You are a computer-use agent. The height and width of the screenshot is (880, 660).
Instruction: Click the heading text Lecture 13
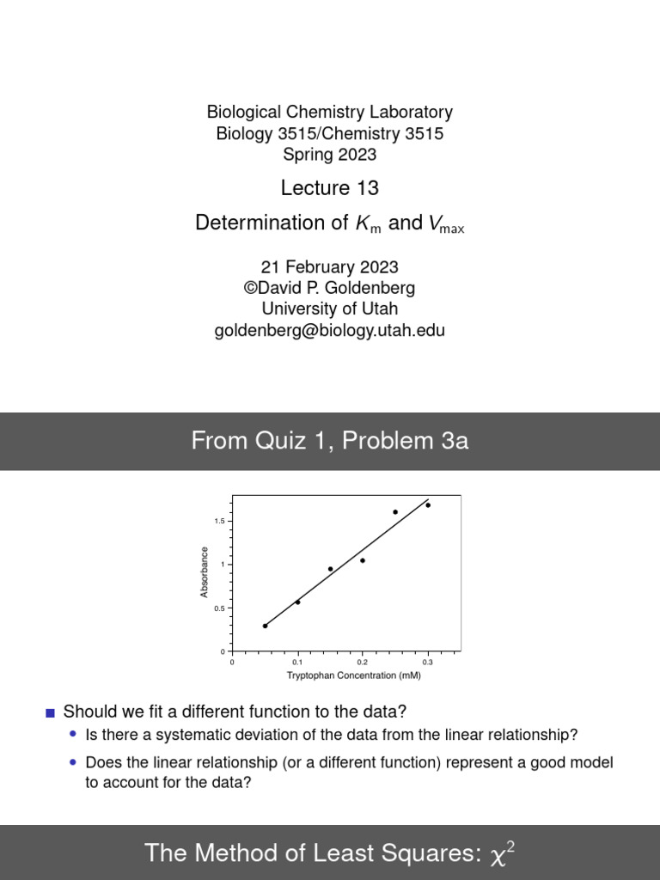[x=329, y=188]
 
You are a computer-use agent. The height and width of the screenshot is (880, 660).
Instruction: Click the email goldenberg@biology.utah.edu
[x=329, y=331]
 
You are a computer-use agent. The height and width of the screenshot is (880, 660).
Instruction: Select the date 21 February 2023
[x=329, y=267]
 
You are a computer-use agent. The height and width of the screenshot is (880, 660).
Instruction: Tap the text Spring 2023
[x=329, y=155]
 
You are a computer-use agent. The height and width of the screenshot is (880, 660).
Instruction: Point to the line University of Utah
[x=329, y=309]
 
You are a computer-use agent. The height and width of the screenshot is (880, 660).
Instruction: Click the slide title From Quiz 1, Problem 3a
[x=329, y=442]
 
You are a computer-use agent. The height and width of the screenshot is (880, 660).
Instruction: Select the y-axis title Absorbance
[x=205, y=572]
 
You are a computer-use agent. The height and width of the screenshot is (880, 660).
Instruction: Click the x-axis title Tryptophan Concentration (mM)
[x=353, y=675]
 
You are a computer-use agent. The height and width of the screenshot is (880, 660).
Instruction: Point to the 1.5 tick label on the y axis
[x=219, y=522]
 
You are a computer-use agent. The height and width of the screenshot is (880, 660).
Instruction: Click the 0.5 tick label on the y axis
[x=219, y=608]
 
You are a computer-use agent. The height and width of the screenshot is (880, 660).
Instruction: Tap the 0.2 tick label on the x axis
[x=363, y=663]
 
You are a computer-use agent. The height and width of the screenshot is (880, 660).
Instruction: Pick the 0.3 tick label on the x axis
[x=428, y=663]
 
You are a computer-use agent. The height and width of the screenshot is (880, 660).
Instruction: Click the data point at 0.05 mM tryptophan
[x=265, y=626]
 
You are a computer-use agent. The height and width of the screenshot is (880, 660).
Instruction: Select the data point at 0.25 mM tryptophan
[x=395, y=512]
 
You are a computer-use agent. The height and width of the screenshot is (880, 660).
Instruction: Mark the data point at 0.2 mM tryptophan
[x=363, y=560]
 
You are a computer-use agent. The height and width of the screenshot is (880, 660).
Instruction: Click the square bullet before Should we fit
[x=50, y=712]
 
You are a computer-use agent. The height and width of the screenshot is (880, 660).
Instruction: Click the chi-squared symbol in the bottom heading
[x=503, y=852]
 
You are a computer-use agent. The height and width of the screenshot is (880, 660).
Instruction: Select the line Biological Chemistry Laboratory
[x=329, y=112]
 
